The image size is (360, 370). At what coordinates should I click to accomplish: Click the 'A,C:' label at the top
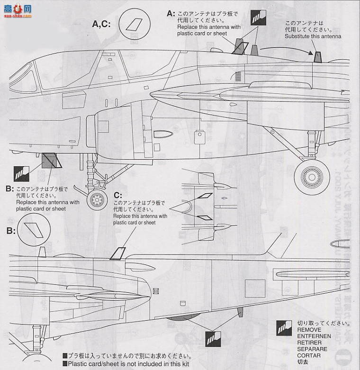tap(101, 23)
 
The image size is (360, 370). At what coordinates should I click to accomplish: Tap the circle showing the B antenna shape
tap(35, 231)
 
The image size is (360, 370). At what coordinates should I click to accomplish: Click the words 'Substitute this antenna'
tap(313, 36)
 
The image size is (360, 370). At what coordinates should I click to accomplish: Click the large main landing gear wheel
tap(313, 177)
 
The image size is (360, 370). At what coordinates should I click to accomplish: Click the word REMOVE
tap(309, 330)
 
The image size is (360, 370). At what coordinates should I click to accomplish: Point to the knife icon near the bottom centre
tap(212, 338)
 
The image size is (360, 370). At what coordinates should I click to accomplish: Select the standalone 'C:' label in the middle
tap(118, 195)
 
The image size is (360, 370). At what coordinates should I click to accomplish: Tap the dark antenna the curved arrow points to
tap(318, 57)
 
